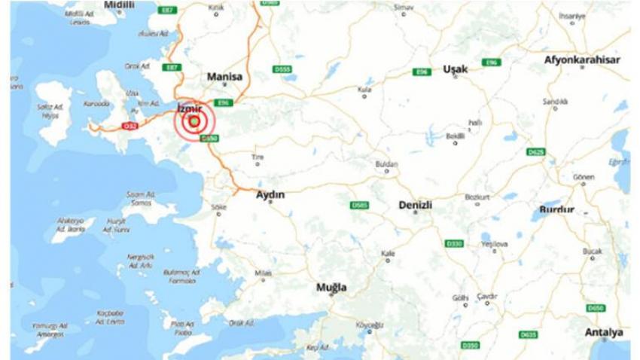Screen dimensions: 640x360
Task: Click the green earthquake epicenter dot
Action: point(195,121)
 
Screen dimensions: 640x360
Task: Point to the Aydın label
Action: point(270,194)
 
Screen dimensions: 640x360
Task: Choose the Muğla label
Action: point(331,288)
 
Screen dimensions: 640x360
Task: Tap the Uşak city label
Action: point(456,69)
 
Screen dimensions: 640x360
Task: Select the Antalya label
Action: point(604,332)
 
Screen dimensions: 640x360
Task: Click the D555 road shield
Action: point(283,70)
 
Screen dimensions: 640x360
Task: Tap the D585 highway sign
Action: point(360,205)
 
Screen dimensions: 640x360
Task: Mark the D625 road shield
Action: point(535,152)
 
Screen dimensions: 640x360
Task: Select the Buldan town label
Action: point(386,163)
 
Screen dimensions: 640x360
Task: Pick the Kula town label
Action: point(365,89)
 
